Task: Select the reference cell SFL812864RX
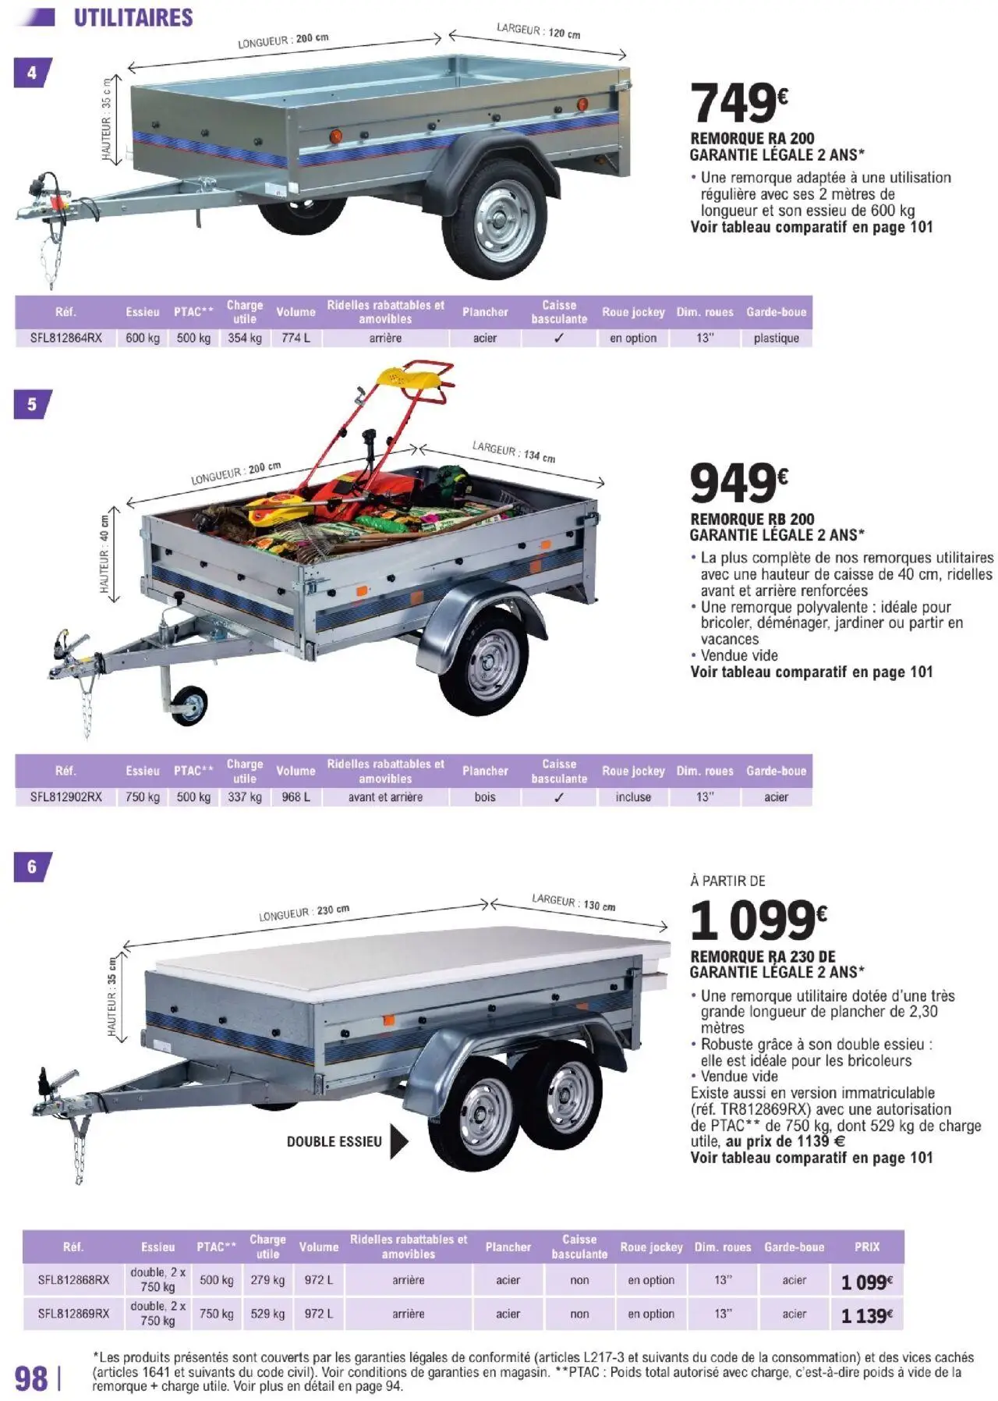point(66,338)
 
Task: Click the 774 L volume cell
point(296,338)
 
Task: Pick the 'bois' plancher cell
point(485,797)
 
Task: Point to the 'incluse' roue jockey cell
point(633,797)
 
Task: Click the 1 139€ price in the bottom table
point(866,1316)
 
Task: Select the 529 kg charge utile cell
point(267,1314)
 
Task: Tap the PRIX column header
point(866,1247)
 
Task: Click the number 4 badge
point(32,73)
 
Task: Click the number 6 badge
point(32,867)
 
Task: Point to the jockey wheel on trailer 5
point(189,705)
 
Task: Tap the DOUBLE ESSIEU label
point(334,1141)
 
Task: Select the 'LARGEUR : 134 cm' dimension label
point(513,452)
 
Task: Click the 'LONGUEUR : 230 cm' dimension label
point(304,913)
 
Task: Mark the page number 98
point(32,1378)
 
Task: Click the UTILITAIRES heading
point(133,18)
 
